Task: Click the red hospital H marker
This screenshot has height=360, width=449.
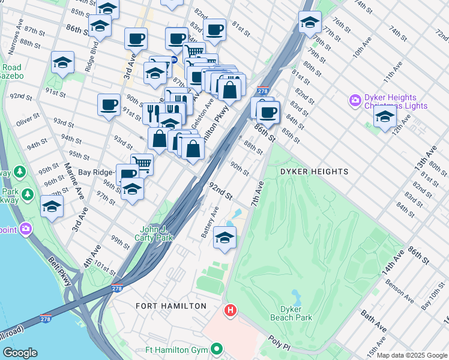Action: [229, 311]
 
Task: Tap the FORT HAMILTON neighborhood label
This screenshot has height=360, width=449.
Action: [163, 306]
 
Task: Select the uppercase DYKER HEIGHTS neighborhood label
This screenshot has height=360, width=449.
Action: [314, 172]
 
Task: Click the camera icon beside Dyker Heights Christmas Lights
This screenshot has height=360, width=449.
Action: [355, 100]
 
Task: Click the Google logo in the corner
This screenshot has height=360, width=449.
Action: [20, 353]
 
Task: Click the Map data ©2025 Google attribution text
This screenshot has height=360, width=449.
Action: [411, 355]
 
